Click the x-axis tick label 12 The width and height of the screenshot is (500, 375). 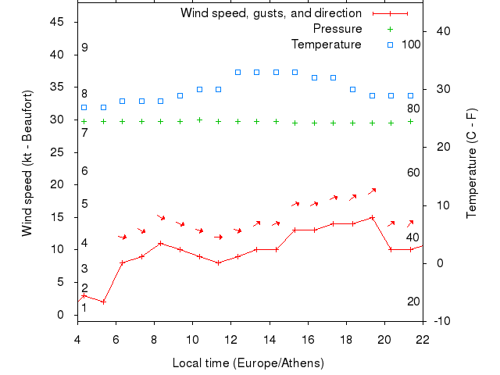click(230, 340)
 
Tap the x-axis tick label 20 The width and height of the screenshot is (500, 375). click(384, 340)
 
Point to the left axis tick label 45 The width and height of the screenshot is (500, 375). click(57, 22)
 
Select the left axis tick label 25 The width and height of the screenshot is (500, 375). click(57, 152)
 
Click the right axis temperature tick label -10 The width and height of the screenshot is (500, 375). click(441, 321)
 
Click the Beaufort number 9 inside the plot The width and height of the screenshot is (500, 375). click(84, 48)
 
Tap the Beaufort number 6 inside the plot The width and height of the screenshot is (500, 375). click(84, 171)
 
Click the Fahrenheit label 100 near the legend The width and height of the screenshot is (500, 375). click(411, 44)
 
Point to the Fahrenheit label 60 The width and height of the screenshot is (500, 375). click(413, 173)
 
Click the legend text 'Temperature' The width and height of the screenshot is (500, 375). click(327, 44)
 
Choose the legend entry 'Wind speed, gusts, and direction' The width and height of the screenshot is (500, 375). click(270, 13)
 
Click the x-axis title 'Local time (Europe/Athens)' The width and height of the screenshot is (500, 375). click(250, 363)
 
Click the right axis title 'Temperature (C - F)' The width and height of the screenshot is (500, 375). click(472, 163)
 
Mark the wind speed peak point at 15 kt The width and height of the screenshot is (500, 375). click(372, 217)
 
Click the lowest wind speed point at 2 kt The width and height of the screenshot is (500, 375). click(103, 302)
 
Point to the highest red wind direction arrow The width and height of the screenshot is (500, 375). click(372, 191)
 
